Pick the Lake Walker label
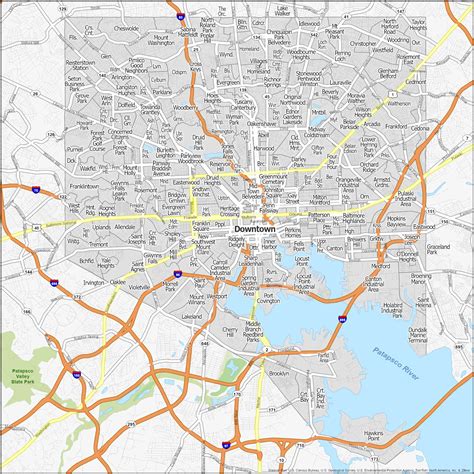coord(254,12)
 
